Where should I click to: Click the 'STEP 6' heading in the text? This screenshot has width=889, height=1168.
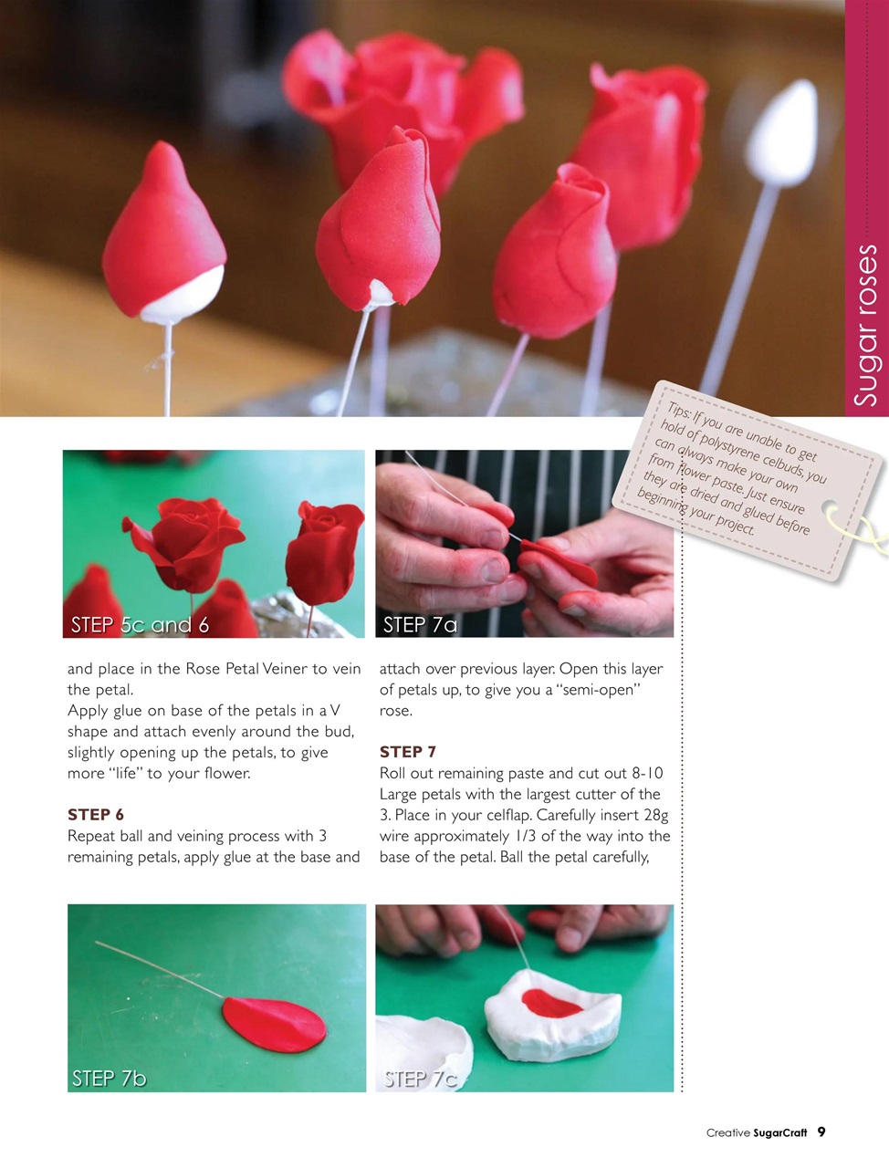[96, 815]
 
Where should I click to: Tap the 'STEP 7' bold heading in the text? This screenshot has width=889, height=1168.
[408, 752]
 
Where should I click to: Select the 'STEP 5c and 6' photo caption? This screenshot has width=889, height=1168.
[140, 625]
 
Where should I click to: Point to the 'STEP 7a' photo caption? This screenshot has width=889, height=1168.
[420, 625]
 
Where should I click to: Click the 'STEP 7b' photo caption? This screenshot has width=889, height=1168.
[110, 1079]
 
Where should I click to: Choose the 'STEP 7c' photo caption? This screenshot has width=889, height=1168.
[420, 1079]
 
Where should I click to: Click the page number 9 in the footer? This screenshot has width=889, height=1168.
[821, 1132]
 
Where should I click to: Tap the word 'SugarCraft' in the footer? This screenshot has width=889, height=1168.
[780, 1133]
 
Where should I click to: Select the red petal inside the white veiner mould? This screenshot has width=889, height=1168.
[550, 1005]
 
